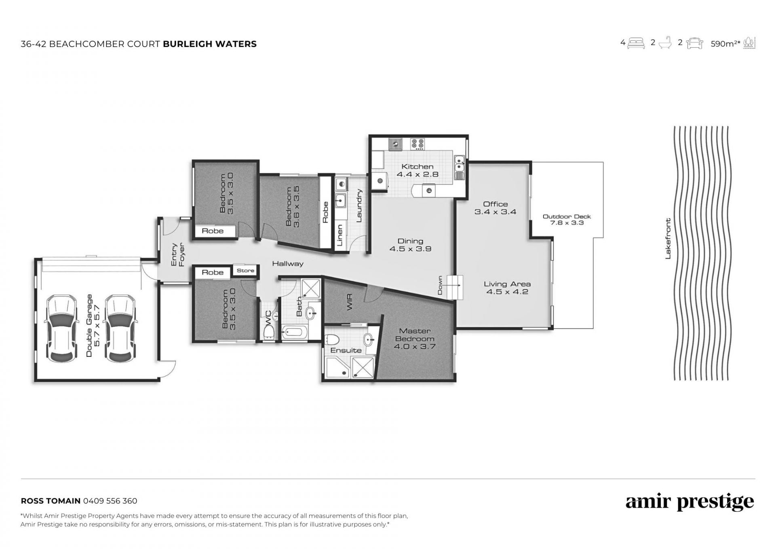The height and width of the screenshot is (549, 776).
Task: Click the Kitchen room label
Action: pos(417,167)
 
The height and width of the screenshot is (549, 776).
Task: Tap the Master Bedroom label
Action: pos(415,335)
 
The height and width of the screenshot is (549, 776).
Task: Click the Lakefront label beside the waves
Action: pos(668,239)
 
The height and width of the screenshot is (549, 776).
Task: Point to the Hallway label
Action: pos(287,264)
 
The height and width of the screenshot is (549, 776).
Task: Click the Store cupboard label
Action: pos(245,271)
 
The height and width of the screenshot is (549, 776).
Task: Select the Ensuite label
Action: pos(346,350)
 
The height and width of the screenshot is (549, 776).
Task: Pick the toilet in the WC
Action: pos(269,332)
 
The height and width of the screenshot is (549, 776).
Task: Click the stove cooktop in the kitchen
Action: pos(418,143)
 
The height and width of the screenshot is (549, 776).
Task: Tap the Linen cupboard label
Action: pos(339,236)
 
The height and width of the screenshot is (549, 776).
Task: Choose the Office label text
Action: pos(495,204)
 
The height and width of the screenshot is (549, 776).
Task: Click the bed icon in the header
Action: pos(636,43)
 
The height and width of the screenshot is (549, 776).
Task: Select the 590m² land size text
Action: pos(725,44)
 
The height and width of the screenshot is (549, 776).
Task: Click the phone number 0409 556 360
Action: pos(110,501)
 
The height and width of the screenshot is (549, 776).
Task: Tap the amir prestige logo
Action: pos(690,502)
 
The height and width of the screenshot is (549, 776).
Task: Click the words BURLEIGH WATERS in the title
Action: pos(210,44)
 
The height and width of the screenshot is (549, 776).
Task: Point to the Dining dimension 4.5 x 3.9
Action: pos(410,249)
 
